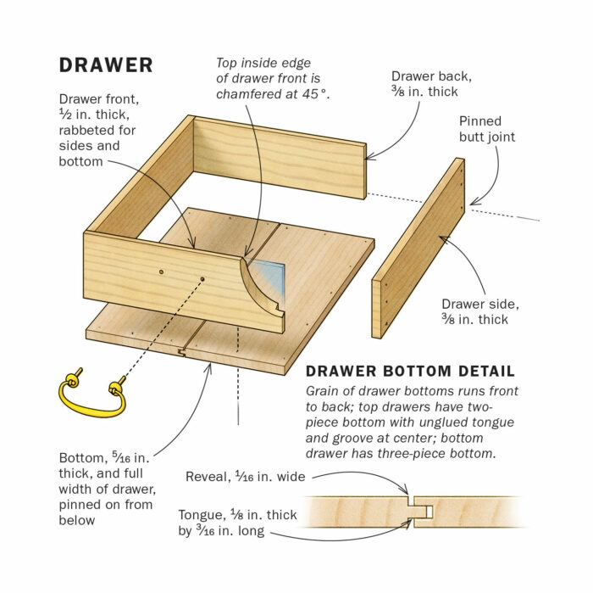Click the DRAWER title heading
106,64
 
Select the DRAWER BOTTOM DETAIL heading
409,372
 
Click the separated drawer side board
418,248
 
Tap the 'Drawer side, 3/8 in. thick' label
474,311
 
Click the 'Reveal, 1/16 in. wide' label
245,477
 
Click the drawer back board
280,157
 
